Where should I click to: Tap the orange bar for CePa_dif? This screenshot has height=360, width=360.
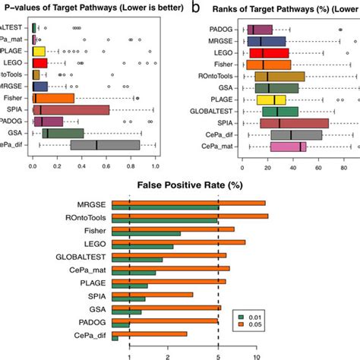coord(149,333)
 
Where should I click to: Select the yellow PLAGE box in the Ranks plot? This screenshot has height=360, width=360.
coord(270,99)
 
